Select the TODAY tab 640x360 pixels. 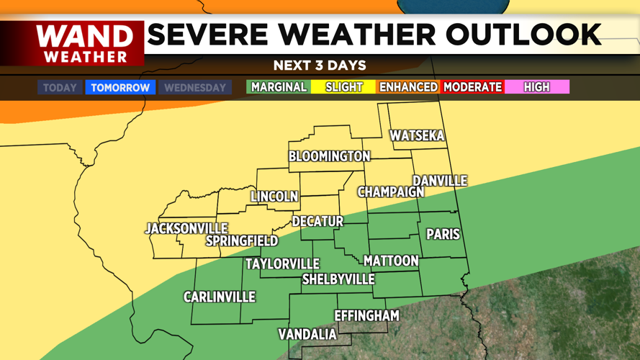point(60,88)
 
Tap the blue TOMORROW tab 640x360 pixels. point(120,88)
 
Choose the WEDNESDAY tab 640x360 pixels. point(195,88)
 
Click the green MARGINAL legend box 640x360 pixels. point(279,87)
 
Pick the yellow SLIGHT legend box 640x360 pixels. point(344,87)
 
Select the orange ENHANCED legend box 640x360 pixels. point(408,87)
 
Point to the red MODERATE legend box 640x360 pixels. point(473,87)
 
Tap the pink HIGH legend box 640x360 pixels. point(537,87)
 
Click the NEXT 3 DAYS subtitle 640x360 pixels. point(320,66)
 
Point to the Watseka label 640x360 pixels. point(417,136)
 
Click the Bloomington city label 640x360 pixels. point(330,156)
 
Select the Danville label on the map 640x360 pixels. point(440,181)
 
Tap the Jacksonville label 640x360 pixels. point(186,228)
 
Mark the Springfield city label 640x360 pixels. point(242,240)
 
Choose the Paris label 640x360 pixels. point(443,234)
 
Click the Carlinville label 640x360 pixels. point(220,297)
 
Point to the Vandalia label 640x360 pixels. point(307,334)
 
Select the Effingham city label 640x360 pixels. point(366,315)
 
